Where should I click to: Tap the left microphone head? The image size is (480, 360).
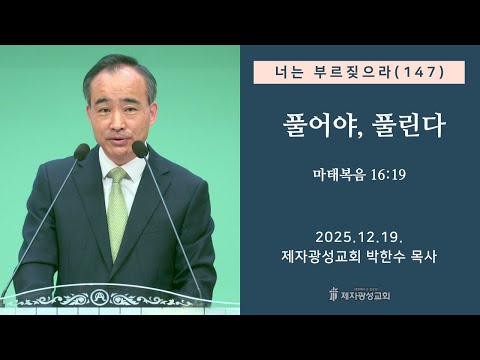(82, 152)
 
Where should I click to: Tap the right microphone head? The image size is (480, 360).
(140, 149)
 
